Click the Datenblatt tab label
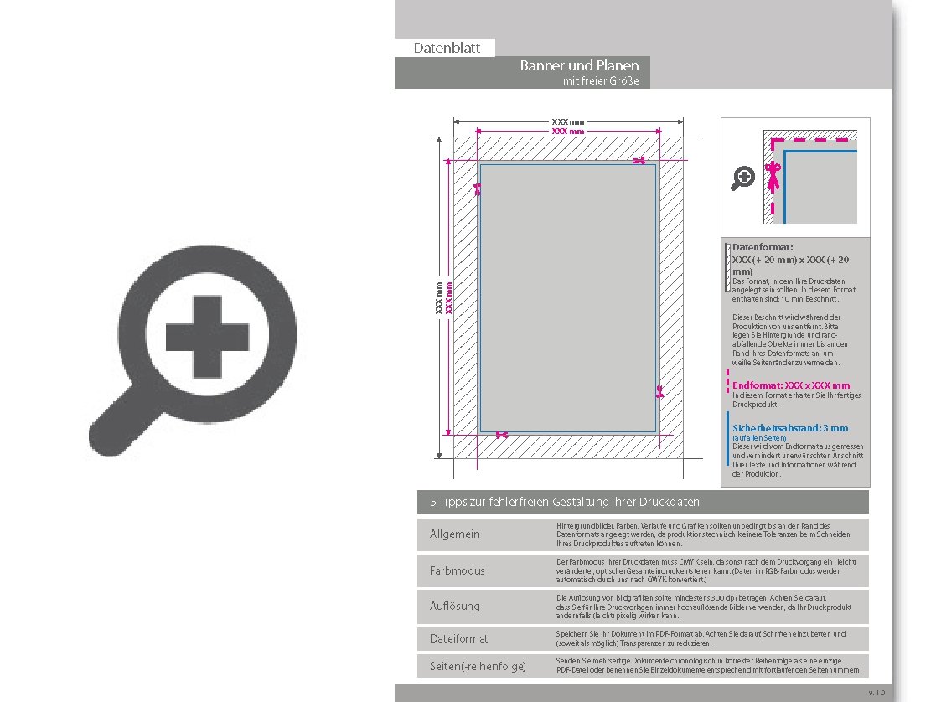[x=447, y=48]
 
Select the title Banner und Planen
[x=579, y=65]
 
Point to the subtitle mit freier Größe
[x=601, y=81]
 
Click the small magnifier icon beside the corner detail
[x=743, y=178]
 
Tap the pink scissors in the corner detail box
[x=774, y=177]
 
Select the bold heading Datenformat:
[x=763, y=248]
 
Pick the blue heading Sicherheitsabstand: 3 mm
[x=790, y=428]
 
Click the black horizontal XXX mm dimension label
[x=568, y=122]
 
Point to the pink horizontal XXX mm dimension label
[x=568, y=132]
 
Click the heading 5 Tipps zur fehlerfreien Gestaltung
[x=564, y=502]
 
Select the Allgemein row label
[x=455, y=534]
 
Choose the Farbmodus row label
[x=457, y=570]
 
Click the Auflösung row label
[x=456, y=606]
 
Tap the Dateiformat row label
[x=458, y=639]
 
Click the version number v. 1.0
[x=876, y=693]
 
